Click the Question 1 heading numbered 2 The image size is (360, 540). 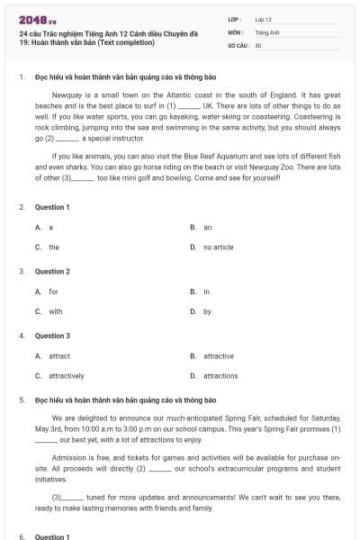tap(52, 207)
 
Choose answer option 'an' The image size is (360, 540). tap(207, 227)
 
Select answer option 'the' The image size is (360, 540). tap(54, 247)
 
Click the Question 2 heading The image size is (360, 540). tap(52, 271)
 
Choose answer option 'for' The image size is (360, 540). tap(53, 292)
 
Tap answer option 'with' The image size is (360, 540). tap(55, 311)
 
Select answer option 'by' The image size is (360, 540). tap(207, 311)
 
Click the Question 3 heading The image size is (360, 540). tap(52, 336)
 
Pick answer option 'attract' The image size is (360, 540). tap(58, 356)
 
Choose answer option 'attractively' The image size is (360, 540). tap(66, 376)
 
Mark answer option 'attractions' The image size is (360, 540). tap(220, 376)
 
